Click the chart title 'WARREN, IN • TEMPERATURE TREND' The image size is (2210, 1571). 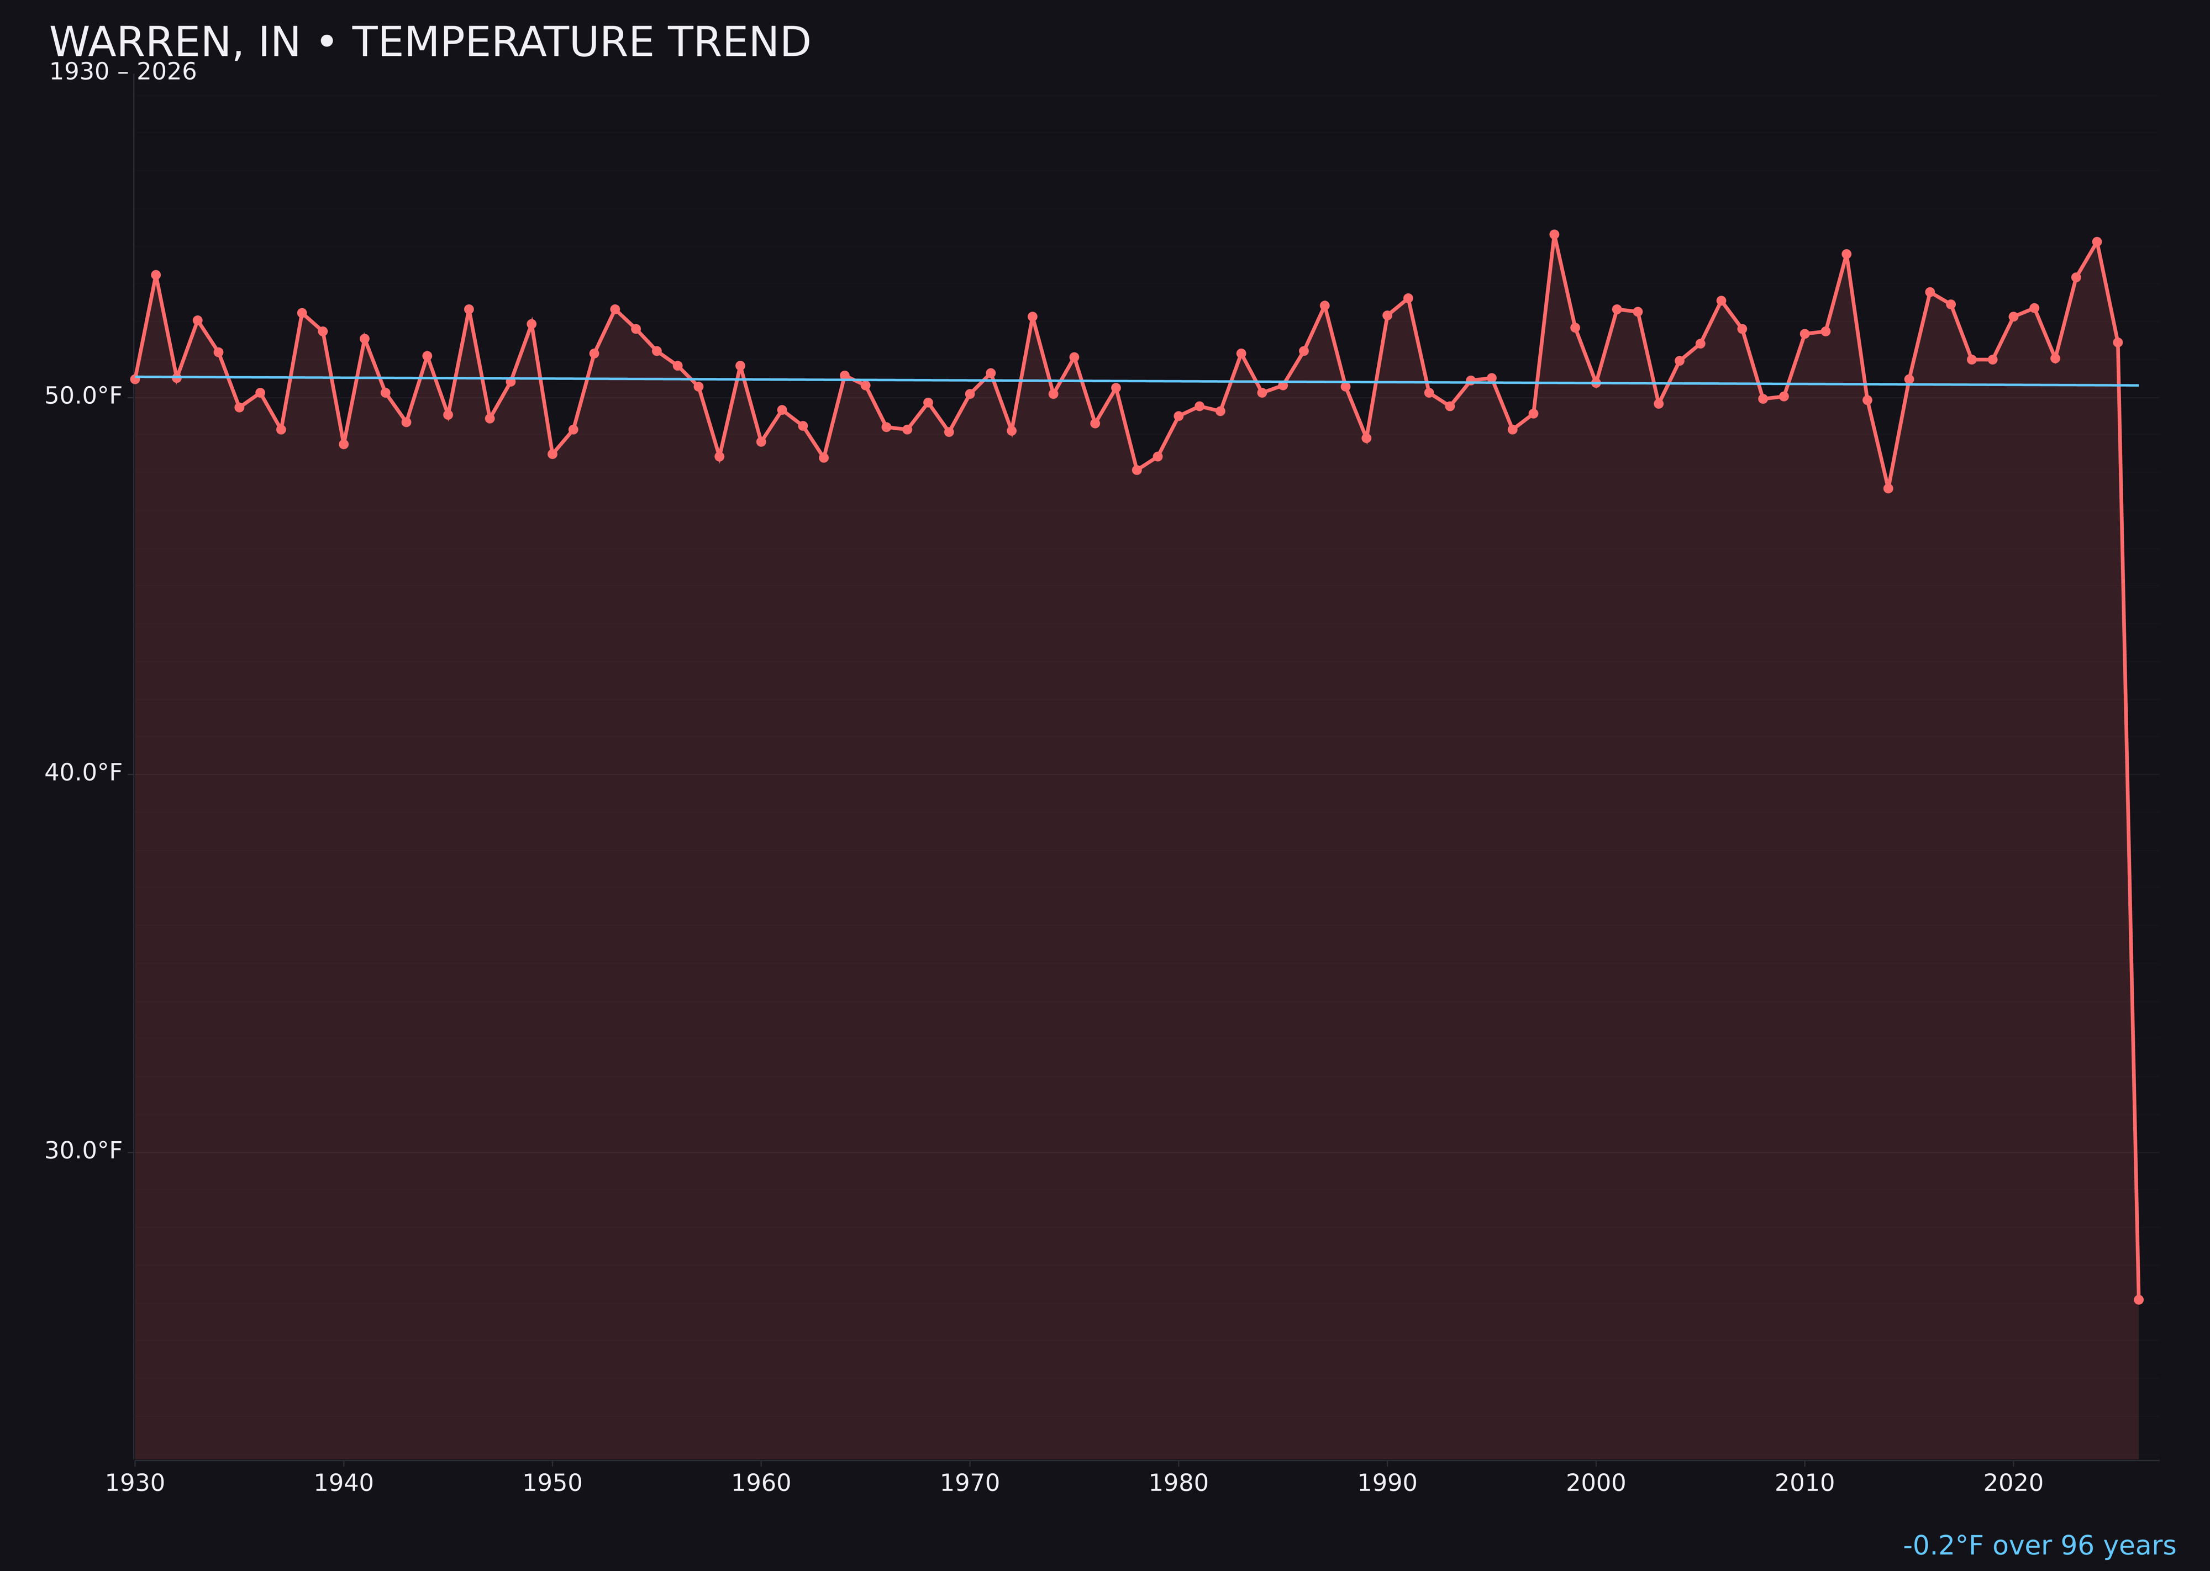(430, 43)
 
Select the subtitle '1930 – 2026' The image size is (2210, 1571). (123, 72)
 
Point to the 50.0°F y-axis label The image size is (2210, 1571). (83, 396)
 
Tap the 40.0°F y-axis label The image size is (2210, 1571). (83, 773)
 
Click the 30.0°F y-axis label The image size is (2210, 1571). (83, 1150)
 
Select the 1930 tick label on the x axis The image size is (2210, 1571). (135, 1483)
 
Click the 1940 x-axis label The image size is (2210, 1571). (344, 1483)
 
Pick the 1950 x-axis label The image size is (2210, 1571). (552, 1483)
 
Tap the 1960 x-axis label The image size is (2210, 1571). (761, 1483)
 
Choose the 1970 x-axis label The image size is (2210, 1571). (970, 1483)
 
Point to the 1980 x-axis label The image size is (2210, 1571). (1178, 1483)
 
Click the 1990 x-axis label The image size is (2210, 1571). (1387, 1483)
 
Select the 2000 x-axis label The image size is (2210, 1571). (1596, 1483)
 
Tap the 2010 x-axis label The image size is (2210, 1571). (1804, 1483)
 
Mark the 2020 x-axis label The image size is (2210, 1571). (2013, 1483)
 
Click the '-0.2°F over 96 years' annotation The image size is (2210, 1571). (2039, 1545)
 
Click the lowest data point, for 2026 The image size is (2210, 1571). (2138, 1299)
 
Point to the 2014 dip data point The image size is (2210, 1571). (1888, 488)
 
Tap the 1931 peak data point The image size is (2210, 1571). (156, 275)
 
